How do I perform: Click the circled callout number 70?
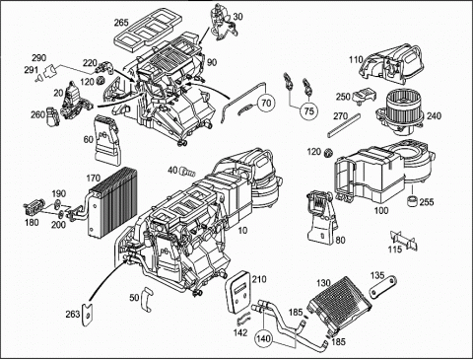pyautogui.click(x=266, y=104)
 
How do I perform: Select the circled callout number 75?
pyautogui.click(x=308, y=110)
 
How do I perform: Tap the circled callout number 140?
pyautogui.click(x=265, y=337)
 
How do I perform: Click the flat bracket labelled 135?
pyautogui.click(x=383, y=288)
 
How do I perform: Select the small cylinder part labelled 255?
pyautogui.click(x=413, y=200)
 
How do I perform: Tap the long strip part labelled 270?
pyautogui.click(x=344, y=125)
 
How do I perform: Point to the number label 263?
pyautogui.click(x=73, y=314)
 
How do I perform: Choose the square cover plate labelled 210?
pyautogui.click(x=238, y=291)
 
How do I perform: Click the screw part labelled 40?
pyautogui.click(x=186, y=171)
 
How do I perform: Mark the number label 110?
pyautogui.click(x=356, y=59)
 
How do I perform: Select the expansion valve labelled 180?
pyautogui.click(x=32, y=208)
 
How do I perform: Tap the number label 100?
pyautogui.click(x=381, y=210)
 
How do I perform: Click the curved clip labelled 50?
pyautogui.click(x=147, y=299)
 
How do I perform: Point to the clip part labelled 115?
pyautogui.click(x=403, y=239)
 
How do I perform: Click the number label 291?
pyautogui.click(x=32, y=70)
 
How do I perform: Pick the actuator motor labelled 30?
pyautogui.click(x=225, y=22)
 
